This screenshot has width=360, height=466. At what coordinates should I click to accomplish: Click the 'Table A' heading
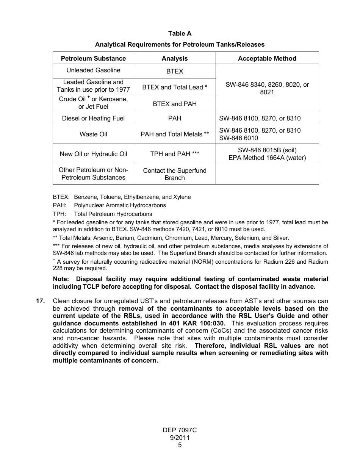pos(180,34)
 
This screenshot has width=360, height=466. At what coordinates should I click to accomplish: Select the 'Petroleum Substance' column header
pos(93,58)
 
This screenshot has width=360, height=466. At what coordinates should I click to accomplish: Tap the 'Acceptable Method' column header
pos(267,58)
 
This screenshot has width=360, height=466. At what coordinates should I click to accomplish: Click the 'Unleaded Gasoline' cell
pos(93,70)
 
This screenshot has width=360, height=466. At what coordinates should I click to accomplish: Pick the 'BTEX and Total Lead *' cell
pos(175,87)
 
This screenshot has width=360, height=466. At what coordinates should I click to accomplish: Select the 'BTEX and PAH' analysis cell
pos(175,104)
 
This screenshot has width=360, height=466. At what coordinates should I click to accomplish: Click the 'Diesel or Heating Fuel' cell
pos(93,119)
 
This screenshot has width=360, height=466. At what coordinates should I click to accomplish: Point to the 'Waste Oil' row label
pos(93,134)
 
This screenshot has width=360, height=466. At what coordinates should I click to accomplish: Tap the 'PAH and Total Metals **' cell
pos(175,134)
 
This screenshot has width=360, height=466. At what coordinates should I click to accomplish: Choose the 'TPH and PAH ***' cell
pos(175,154)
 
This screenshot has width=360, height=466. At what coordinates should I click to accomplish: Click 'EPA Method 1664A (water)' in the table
pos(267,158)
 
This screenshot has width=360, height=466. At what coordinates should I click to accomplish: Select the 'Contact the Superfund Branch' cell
pos(175,174)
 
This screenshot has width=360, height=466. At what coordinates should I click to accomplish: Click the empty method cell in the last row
pos(267,174)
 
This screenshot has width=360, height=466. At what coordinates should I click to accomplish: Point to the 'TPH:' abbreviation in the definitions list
pos(59,214)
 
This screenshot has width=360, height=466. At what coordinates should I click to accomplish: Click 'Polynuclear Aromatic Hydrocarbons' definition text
pos(120,205)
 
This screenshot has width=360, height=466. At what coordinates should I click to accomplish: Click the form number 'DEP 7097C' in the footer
pos(180,430)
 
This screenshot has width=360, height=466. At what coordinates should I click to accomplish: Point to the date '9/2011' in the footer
pos(180,438)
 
